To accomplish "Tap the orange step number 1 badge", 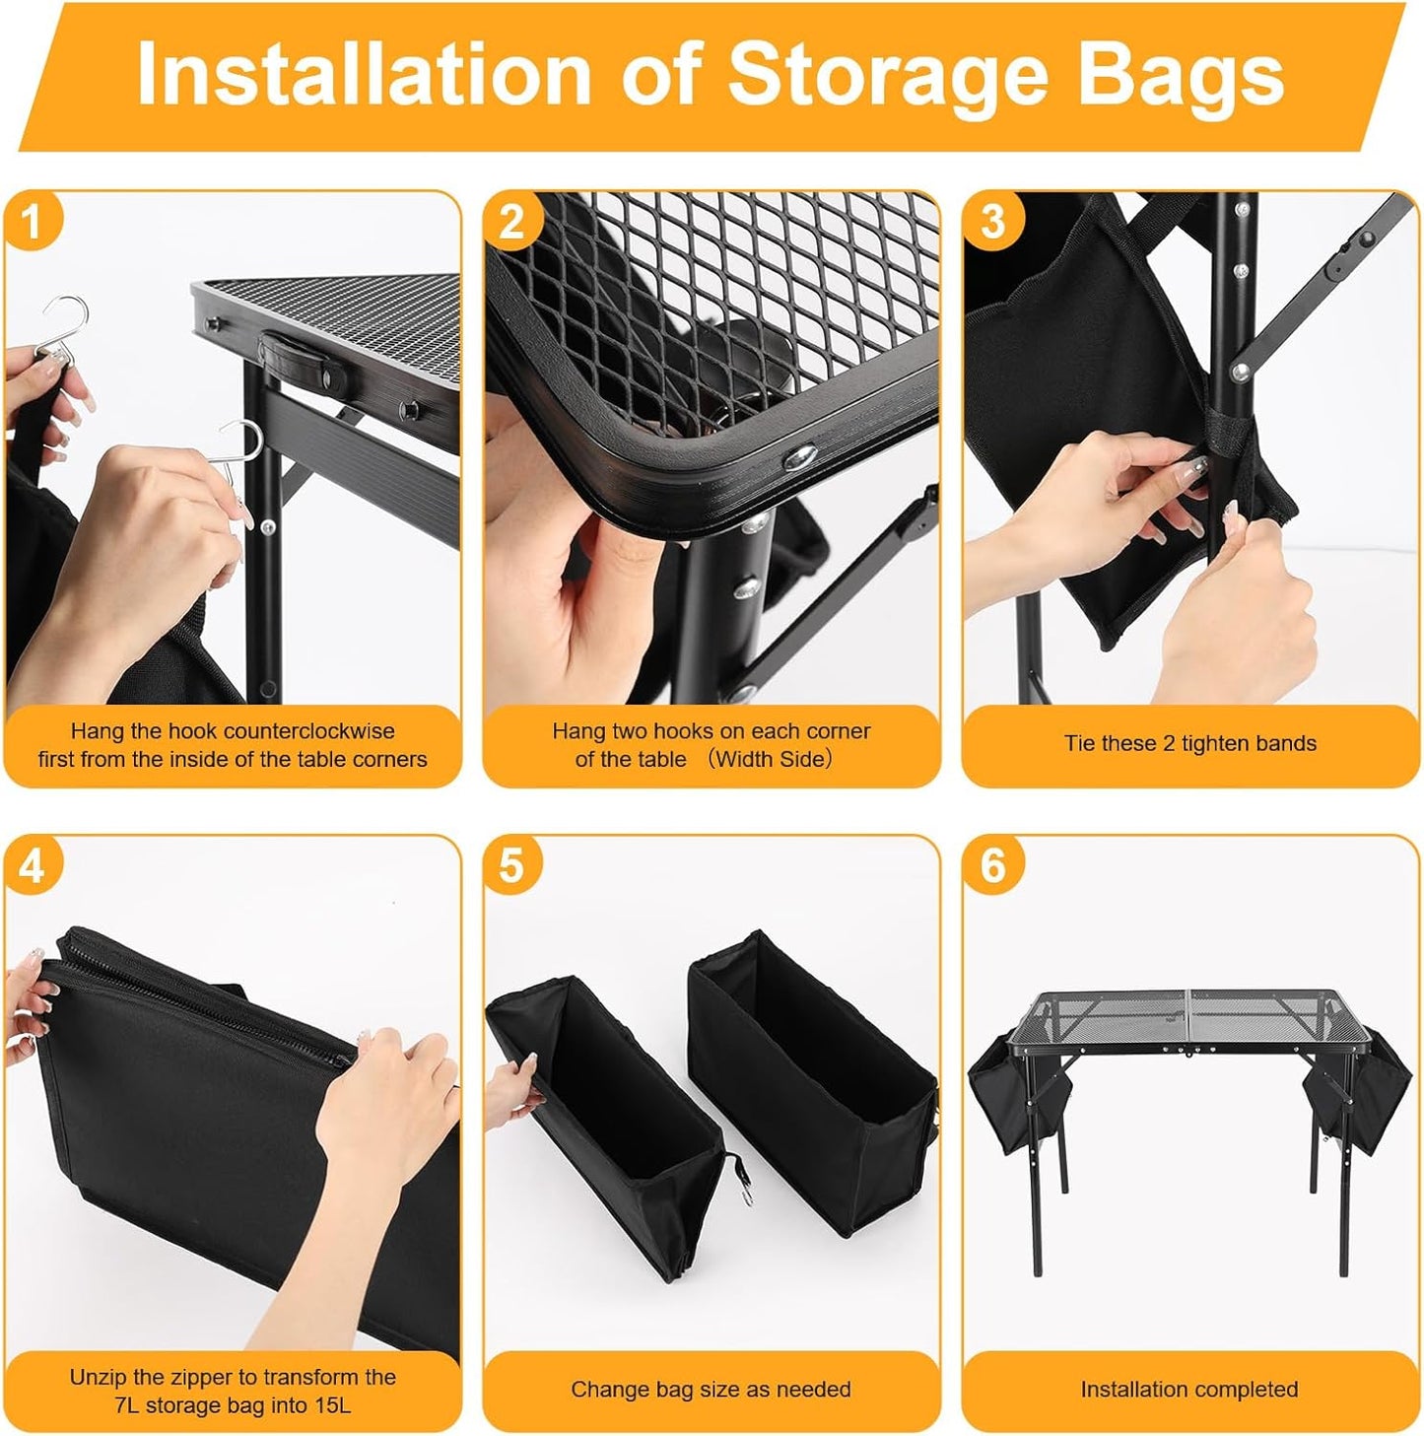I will tap(33, 221).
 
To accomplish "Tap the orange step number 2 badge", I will tap(511, 221).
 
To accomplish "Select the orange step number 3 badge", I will tap(992, 221).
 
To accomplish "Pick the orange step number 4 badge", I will tap(33, 865).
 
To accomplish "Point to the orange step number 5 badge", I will tap(511, 865).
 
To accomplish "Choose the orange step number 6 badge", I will tap(992, 865).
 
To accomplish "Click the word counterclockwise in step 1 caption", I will tap(308, 731).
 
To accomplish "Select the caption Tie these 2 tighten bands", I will tap(1189, 743).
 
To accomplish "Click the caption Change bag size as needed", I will tap(711, 1390).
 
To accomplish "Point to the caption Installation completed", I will tap(1188, 1390).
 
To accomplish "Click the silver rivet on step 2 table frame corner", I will tap(801, 455).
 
